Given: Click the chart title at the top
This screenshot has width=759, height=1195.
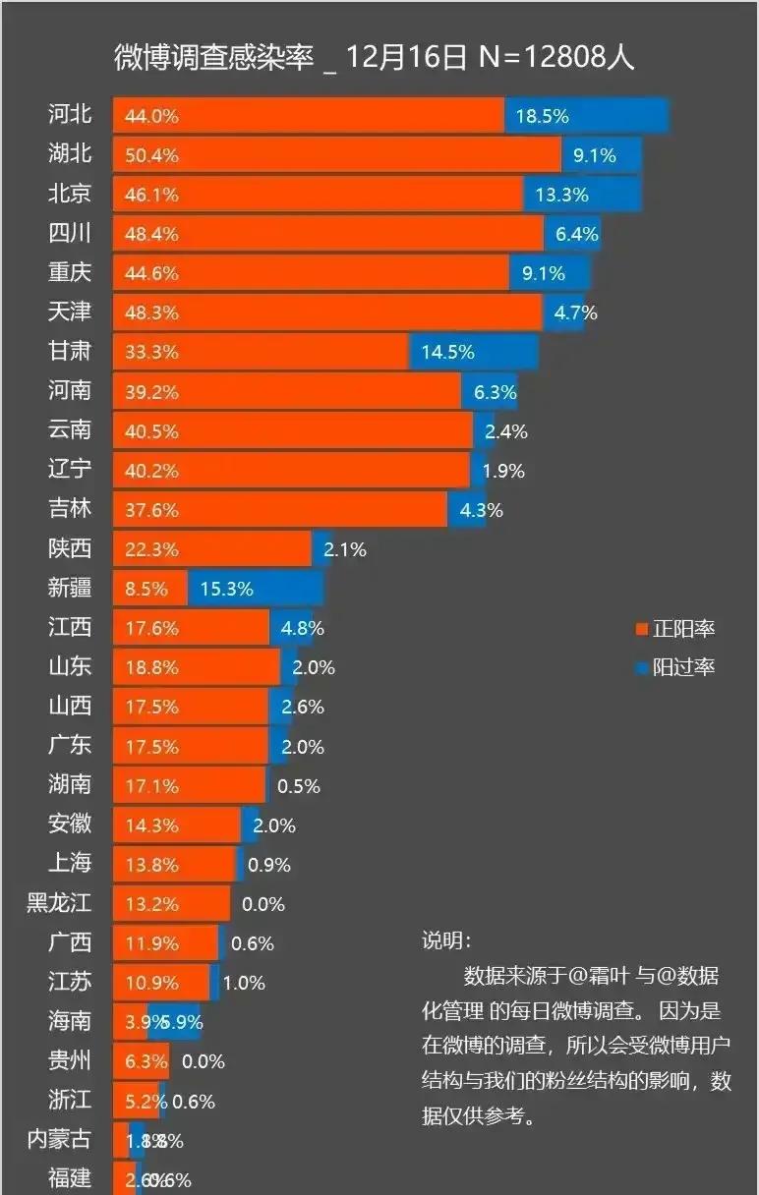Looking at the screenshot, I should click(374, 57).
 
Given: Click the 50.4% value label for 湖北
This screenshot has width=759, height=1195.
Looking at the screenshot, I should click(151, 155).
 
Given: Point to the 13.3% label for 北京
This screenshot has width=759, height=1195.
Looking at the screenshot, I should click(561, 195).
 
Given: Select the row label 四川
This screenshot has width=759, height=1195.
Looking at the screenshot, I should click(70, 233).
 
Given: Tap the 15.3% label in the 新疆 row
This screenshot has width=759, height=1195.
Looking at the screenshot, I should click(226, 589).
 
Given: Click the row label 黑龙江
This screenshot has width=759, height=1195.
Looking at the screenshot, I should click(59, 903).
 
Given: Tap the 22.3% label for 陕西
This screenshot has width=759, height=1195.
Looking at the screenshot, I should click(151, 549).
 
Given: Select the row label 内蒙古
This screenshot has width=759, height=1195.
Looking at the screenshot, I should click(59, 1139).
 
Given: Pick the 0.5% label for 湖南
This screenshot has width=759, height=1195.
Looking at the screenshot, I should click(299, 786).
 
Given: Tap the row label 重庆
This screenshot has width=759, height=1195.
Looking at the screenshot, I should click(70, 272).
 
